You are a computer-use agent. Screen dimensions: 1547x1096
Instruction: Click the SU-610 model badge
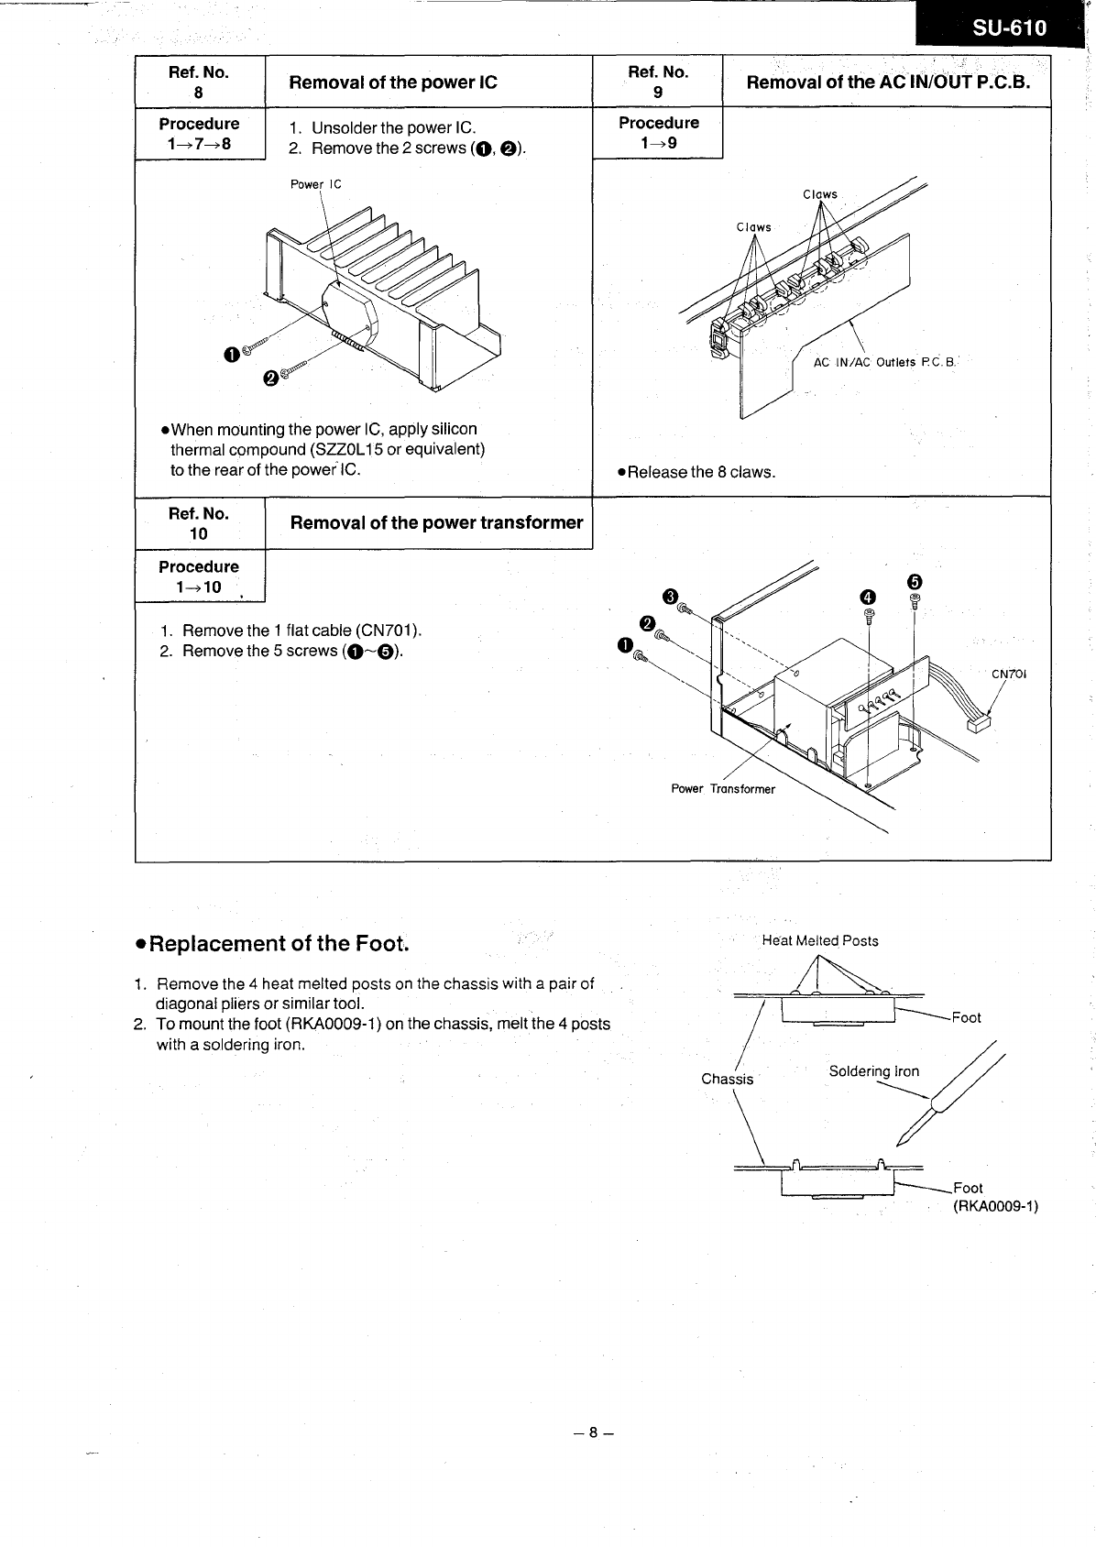pos(1008,28)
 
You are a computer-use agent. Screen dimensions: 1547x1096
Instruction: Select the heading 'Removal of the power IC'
pos(393,82)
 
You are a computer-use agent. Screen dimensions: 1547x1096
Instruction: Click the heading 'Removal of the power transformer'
pos(436,523)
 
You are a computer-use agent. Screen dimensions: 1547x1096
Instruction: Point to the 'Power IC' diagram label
pos(315,184)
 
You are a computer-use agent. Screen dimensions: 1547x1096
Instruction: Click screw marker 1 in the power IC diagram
pos(232,355)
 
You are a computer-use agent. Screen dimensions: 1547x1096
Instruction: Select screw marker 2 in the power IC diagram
pos(270,379)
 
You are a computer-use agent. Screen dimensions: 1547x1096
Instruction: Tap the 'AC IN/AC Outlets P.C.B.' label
pos(884,362)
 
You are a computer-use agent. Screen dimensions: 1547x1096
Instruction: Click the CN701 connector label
pos(1009,674)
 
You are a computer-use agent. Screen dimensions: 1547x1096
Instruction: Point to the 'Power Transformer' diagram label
pos(723,789)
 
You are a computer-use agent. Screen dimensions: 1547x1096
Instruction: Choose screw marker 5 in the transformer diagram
pos(914,581)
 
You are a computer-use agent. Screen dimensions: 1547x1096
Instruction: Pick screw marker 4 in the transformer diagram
pos(868,597)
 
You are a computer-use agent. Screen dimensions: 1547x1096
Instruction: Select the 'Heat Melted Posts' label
pos(820,940)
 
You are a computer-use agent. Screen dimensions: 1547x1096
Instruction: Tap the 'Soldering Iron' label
pos(873,1071)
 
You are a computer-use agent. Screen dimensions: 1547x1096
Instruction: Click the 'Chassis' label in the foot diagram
pos(727,1079)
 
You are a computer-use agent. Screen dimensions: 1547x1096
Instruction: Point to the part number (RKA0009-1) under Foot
pos(995,1206)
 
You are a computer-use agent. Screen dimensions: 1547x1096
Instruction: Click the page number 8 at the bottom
pos(593,1432)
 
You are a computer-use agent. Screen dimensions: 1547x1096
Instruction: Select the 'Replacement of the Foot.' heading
pos(272,943)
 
